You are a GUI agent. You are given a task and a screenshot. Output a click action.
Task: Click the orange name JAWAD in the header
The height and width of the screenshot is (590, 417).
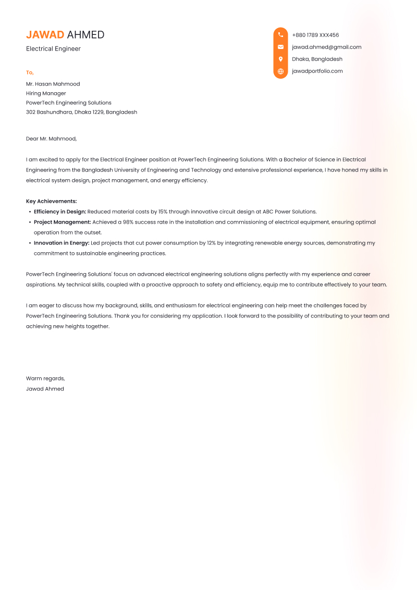click(45, 35)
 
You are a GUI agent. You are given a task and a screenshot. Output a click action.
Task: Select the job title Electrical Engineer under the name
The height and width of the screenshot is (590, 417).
click(53, 49)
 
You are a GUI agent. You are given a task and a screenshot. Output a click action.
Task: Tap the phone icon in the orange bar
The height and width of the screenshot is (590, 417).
click(280, 35)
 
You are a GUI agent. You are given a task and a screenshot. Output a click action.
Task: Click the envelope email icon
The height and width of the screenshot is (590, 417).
click(280, 47)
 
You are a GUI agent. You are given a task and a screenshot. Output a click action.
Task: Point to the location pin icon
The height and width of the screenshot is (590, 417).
click(280, 59)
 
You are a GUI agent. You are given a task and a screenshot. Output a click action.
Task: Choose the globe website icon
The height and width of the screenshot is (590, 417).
click(280, 71)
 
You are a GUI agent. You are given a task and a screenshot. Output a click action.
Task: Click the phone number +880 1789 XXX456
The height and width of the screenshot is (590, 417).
click(315, 35)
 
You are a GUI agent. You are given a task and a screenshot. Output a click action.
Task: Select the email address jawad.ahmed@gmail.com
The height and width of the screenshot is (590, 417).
click(326, 47)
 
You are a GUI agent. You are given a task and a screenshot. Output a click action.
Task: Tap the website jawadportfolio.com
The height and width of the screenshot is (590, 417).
click(317, 71)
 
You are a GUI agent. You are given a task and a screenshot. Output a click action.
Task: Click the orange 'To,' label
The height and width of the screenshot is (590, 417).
click(30, 72)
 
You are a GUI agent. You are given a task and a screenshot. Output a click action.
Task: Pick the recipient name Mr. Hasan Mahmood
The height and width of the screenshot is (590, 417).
click(53, 84)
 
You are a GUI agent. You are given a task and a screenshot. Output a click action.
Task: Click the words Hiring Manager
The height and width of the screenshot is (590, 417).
click(46, 93)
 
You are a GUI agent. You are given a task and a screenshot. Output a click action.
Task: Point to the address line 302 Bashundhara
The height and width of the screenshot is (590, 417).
click(81, 112)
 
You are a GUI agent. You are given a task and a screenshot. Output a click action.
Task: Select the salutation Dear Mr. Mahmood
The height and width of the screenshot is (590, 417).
click(51, 139)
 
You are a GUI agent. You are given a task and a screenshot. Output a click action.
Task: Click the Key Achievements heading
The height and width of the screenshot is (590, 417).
click(51, 201)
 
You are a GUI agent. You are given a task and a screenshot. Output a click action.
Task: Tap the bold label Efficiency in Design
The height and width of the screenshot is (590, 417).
click(60, 212)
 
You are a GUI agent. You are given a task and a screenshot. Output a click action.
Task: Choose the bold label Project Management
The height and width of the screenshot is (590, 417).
click(62, 222)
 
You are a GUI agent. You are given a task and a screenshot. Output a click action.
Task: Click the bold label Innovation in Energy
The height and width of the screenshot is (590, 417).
click(62, 243)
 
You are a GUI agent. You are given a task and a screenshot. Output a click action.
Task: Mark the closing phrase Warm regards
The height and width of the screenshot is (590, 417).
click(45, 378)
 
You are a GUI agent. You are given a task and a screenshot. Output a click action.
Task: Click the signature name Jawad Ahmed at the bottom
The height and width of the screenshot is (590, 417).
click(45, 389)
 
